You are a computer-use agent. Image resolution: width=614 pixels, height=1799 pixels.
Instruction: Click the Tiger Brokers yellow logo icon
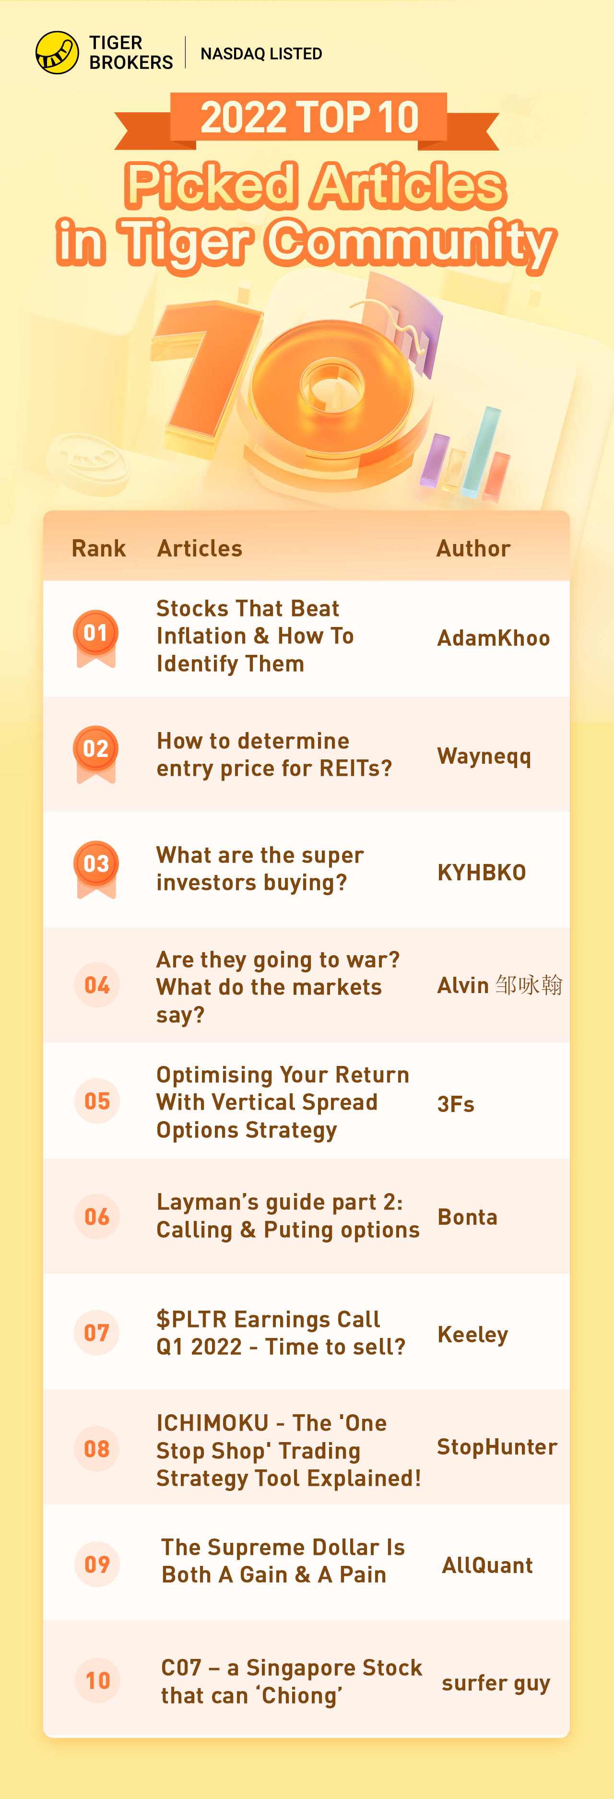pos(57,52)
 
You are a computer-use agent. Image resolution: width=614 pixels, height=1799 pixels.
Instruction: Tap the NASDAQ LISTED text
pos(261,54)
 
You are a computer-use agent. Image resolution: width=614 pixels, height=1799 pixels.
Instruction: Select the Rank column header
pos(98,548)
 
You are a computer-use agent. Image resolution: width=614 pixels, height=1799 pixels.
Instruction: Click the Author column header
pos(473,548)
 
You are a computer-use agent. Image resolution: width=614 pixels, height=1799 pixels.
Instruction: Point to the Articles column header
pos(200,548)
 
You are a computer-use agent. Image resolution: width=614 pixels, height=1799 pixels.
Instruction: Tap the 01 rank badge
pos(95,638)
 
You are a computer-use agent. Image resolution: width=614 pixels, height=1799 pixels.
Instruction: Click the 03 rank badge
pos(95,868)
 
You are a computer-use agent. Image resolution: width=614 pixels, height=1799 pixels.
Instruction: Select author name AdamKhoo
pos(493,638)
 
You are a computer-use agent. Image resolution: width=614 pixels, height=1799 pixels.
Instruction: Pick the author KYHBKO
pos(481,872)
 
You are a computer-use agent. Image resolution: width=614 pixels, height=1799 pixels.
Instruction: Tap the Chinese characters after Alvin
pos(529,985)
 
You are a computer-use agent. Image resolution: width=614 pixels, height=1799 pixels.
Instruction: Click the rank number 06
pos(97,1217)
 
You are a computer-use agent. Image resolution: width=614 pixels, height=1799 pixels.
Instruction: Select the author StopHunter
pos(496,1447)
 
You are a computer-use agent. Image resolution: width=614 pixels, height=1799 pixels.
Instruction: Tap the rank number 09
pos(97,1564)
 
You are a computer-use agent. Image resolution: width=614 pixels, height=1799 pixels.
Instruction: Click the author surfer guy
pos(496,1683)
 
